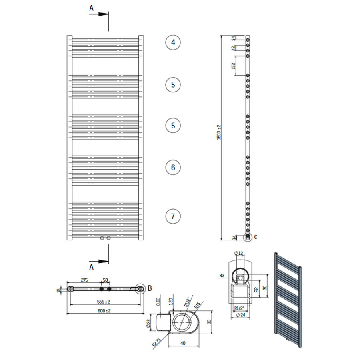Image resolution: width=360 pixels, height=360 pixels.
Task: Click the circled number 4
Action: (173, 42)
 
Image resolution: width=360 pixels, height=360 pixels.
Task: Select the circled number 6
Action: (173, 167)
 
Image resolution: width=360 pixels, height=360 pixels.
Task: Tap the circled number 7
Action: (173, 216)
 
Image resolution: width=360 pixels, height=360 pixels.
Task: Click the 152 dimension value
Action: (234, 66)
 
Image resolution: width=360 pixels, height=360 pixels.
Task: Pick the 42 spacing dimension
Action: (234, 48)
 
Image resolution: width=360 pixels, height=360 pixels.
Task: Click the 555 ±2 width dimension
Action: (104, 302)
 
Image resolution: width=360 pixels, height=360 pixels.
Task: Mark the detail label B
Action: (150, 287)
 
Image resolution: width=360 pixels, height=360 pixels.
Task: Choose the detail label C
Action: (256, 237)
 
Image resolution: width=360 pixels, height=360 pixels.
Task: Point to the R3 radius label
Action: (222, 275)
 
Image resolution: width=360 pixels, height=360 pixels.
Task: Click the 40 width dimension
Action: (182, 343)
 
